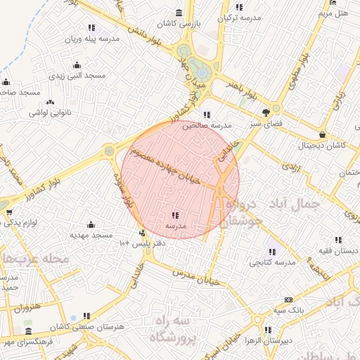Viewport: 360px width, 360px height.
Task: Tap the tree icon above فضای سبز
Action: tap(266, 112)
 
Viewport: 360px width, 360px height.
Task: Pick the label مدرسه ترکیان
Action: tap(240, 18)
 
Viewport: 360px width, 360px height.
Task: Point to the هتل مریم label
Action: tap(333, 13)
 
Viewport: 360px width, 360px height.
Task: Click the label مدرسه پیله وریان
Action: tap(92, 39)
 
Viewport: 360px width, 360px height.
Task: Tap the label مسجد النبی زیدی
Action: tap(81, 75)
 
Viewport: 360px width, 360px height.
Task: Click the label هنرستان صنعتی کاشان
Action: tap(87, 328)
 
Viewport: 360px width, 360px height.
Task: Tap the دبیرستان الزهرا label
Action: tap(285, 340)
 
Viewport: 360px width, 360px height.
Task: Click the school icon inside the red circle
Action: tap(175, 215)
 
